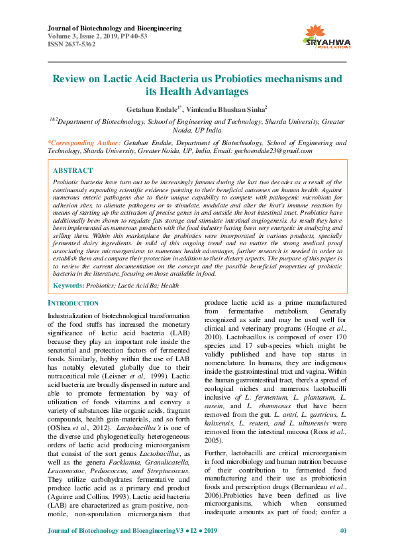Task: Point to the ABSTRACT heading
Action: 73,170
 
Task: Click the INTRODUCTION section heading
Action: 74,304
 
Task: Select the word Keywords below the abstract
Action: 68,285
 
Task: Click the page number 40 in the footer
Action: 342,549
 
